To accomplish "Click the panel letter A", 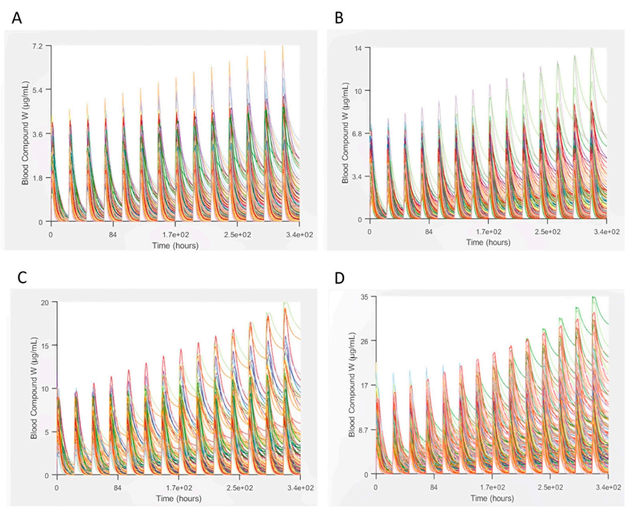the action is (x=16, y=18).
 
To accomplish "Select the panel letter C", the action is (x=22, y=277).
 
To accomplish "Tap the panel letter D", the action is (x=339, y=279).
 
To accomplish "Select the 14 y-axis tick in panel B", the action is (x=361, y=48).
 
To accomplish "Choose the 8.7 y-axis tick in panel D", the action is (x=362, y=429).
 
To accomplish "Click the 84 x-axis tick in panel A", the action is (x=112, y=235).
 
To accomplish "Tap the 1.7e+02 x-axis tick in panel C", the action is (x=179, y=488).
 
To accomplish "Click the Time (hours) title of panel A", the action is (x=175, y=245).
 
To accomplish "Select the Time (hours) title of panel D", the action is (x=492, y=498).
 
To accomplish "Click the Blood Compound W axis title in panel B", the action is (x=345, y=133).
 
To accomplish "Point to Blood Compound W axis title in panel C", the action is (x=34, y=387).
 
